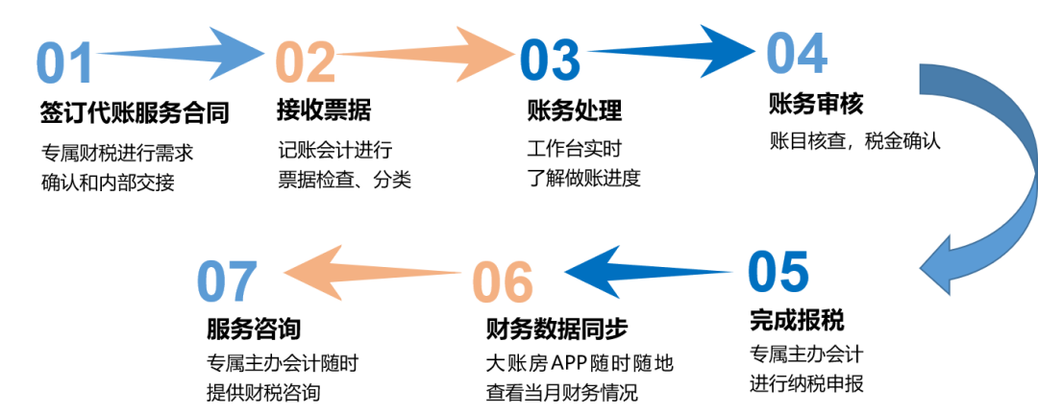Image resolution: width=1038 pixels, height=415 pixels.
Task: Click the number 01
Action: pos(64,64)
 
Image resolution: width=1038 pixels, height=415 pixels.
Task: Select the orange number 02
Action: pos(305,64)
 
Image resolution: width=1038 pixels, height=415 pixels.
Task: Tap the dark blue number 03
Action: pos(550,61)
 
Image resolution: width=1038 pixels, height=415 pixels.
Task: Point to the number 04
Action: pos(796,54)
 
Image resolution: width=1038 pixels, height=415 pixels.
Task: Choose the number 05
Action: pos(778,272)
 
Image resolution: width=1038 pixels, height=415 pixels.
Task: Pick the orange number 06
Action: pos(502,282)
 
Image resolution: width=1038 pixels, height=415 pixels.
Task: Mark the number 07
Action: pos(228,282)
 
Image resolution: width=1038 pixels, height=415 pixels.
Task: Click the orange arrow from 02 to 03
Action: pos(423,55)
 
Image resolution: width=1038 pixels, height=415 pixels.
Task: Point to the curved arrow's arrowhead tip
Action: pos(923,272)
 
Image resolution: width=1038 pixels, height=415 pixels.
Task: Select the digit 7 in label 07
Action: pos(244,282)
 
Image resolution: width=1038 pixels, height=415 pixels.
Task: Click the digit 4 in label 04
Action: pos(812,54)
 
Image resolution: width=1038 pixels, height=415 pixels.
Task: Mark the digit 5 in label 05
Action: pos(794,272)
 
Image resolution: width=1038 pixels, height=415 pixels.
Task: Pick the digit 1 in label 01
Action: pos(81,64)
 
